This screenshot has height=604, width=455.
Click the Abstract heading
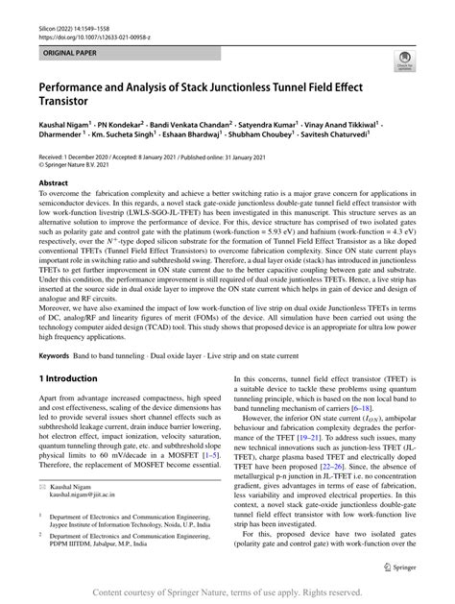[x=53, y=181]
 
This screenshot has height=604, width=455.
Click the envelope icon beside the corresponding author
[x=41, y=488]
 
